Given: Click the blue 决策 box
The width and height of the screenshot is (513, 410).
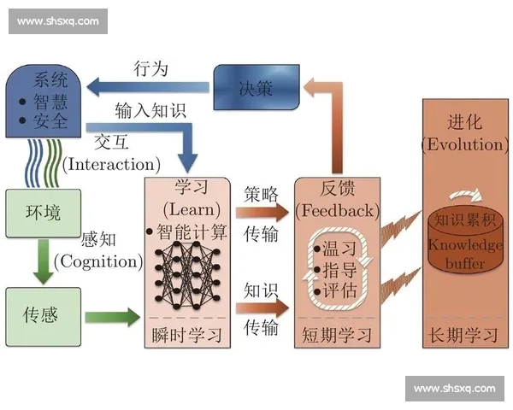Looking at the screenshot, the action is tap(256, 87).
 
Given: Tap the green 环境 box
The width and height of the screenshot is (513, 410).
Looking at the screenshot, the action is tap(44, 213).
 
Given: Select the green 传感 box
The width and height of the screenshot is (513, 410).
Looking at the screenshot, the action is tap(44, 317).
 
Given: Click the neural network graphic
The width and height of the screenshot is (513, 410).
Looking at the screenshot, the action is tap(187, 275).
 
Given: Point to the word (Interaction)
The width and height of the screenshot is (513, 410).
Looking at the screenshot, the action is tap(111, 165).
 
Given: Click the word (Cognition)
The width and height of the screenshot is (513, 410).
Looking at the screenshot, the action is tap(98, 261).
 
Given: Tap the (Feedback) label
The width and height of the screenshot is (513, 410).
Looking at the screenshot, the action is tap(338, 211).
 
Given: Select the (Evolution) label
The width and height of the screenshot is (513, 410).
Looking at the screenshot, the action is tap(465, 144).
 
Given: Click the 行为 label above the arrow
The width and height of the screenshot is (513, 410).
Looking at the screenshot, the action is tap(150, 69).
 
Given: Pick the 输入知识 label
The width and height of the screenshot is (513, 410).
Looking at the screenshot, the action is tap(150, 110).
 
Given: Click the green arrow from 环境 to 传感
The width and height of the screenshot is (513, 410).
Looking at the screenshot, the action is tap(44, 261).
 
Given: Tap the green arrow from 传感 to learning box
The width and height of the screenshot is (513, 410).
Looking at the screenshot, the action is tap(113, 317).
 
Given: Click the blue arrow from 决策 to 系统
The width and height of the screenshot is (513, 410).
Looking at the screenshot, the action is tap(148, 87).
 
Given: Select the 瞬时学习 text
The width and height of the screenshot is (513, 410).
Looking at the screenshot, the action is tap(186, 335).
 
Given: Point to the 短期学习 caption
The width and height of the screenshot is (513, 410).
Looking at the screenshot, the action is tap(337, 335).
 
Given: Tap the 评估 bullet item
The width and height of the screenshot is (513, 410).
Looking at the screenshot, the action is tap(335, 290).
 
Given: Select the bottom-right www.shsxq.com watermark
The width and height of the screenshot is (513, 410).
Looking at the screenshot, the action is tap(455, 389).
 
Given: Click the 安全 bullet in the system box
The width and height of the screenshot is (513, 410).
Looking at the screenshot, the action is tap(44, 121).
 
